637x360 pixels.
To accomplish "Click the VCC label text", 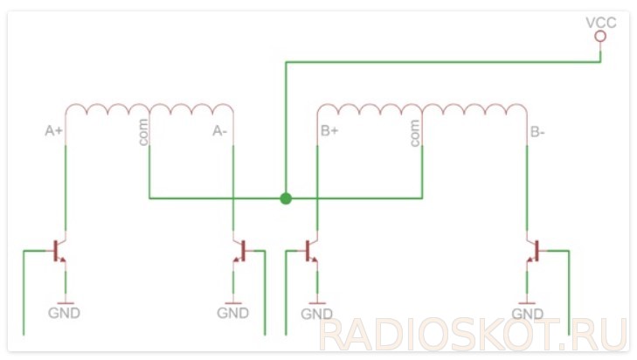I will tap(600, 22).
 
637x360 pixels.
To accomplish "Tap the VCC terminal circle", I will tap(600, 38).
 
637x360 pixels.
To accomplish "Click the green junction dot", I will tap(285, 198).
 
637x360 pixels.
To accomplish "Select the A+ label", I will tap(54, 131).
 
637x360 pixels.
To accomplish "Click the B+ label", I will tap(329, 133).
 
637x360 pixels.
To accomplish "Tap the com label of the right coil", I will tap(414, 134).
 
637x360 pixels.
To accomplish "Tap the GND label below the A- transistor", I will tap(232, 312).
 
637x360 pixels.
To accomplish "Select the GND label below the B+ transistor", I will tap(316, 313).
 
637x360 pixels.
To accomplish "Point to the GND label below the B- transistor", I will tap(528, 313).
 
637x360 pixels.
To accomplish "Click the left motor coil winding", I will tap(149, 111).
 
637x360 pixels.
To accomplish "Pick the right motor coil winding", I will tap(422, 111).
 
